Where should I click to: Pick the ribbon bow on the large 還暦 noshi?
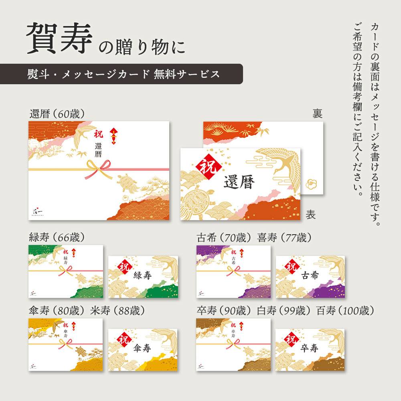98,168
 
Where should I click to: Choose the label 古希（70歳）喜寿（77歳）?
254,237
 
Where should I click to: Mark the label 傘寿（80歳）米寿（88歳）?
87,311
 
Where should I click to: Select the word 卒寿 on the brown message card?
309,349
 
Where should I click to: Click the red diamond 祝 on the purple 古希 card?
291,266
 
